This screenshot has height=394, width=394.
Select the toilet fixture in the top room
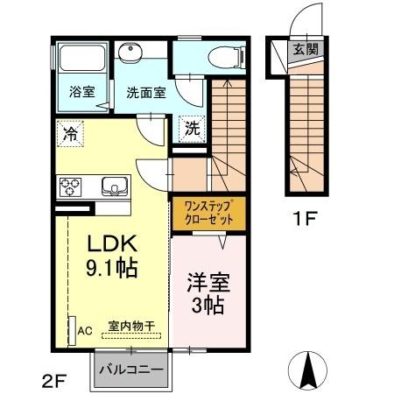pyautogui.click(x=222, y=58)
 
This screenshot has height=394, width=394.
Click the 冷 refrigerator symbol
pyautogui.click(x=67, y=134)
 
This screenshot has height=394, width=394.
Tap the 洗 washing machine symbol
pyautogui.click(x=192, y=128)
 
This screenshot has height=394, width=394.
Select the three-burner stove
pyautogui.click(x=70, y=186)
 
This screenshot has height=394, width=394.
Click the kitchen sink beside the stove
pyautogui.click(x=114, y=186)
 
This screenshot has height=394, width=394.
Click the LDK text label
pyautogui.click(x=109, y=244)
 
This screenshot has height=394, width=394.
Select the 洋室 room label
pyautogui.click(x=207, y=284)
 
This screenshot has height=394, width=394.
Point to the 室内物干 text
pyautogui.click(x=131, y=326)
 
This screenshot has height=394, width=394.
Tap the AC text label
pyautogui.click(x=85, y=332)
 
